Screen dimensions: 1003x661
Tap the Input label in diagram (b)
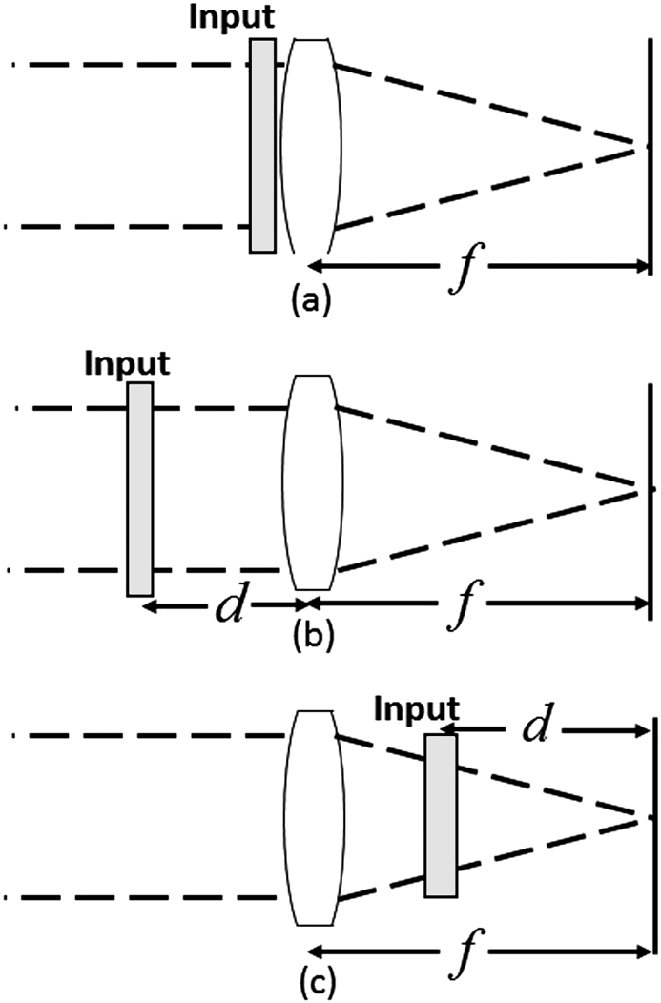pos(127,364)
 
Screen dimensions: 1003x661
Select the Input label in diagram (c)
pos(416,708)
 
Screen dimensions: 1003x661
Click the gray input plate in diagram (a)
pos(262,145)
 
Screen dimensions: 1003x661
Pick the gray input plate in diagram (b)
pos(139,489)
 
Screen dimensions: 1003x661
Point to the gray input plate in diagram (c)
pos(441,815)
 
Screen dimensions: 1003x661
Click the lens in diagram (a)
pos(312,145)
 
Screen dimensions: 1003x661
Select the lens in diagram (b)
pos(312,483)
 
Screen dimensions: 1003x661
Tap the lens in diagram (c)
pos(312,818)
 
